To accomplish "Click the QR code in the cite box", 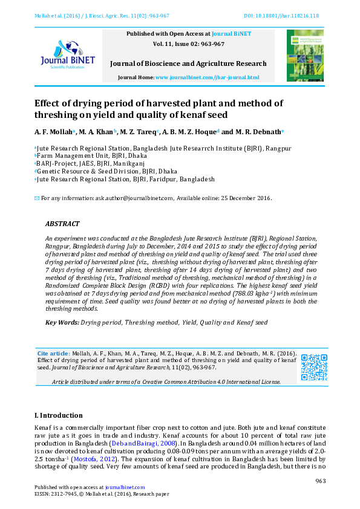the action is [313, 367].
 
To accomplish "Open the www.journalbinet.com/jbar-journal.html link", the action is [207, 78].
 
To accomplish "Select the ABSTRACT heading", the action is [62, 223].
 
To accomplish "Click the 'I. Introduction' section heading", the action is [59, 415].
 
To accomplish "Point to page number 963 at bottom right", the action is [321, 481].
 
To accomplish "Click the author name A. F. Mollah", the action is [53, 131].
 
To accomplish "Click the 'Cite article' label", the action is [53, 353].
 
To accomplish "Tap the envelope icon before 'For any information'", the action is [37, 198].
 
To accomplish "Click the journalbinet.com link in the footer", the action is [125, 487].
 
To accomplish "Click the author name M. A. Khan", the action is [97, 131].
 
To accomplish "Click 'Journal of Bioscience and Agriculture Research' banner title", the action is [188, 63].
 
